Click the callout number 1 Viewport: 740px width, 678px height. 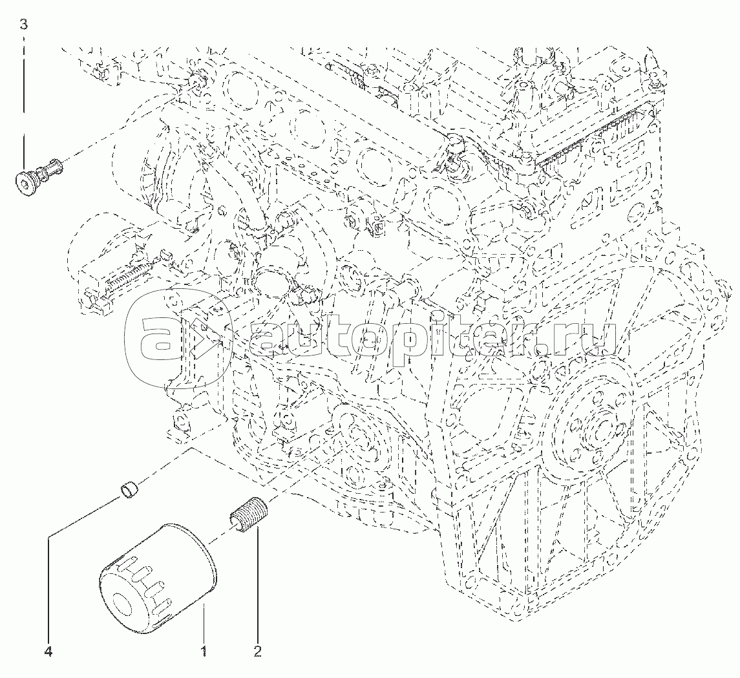point(204,652)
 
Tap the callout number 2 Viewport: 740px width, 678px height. point(257,652)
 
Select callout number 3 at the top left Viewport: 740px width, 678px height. point(24,25)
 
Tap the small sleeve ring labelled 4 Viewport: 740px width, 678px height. point(131,491)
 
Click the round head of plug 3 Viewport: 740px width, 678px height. point(24,184)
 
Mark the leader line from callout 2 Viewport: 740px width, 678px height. point(257,582)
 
